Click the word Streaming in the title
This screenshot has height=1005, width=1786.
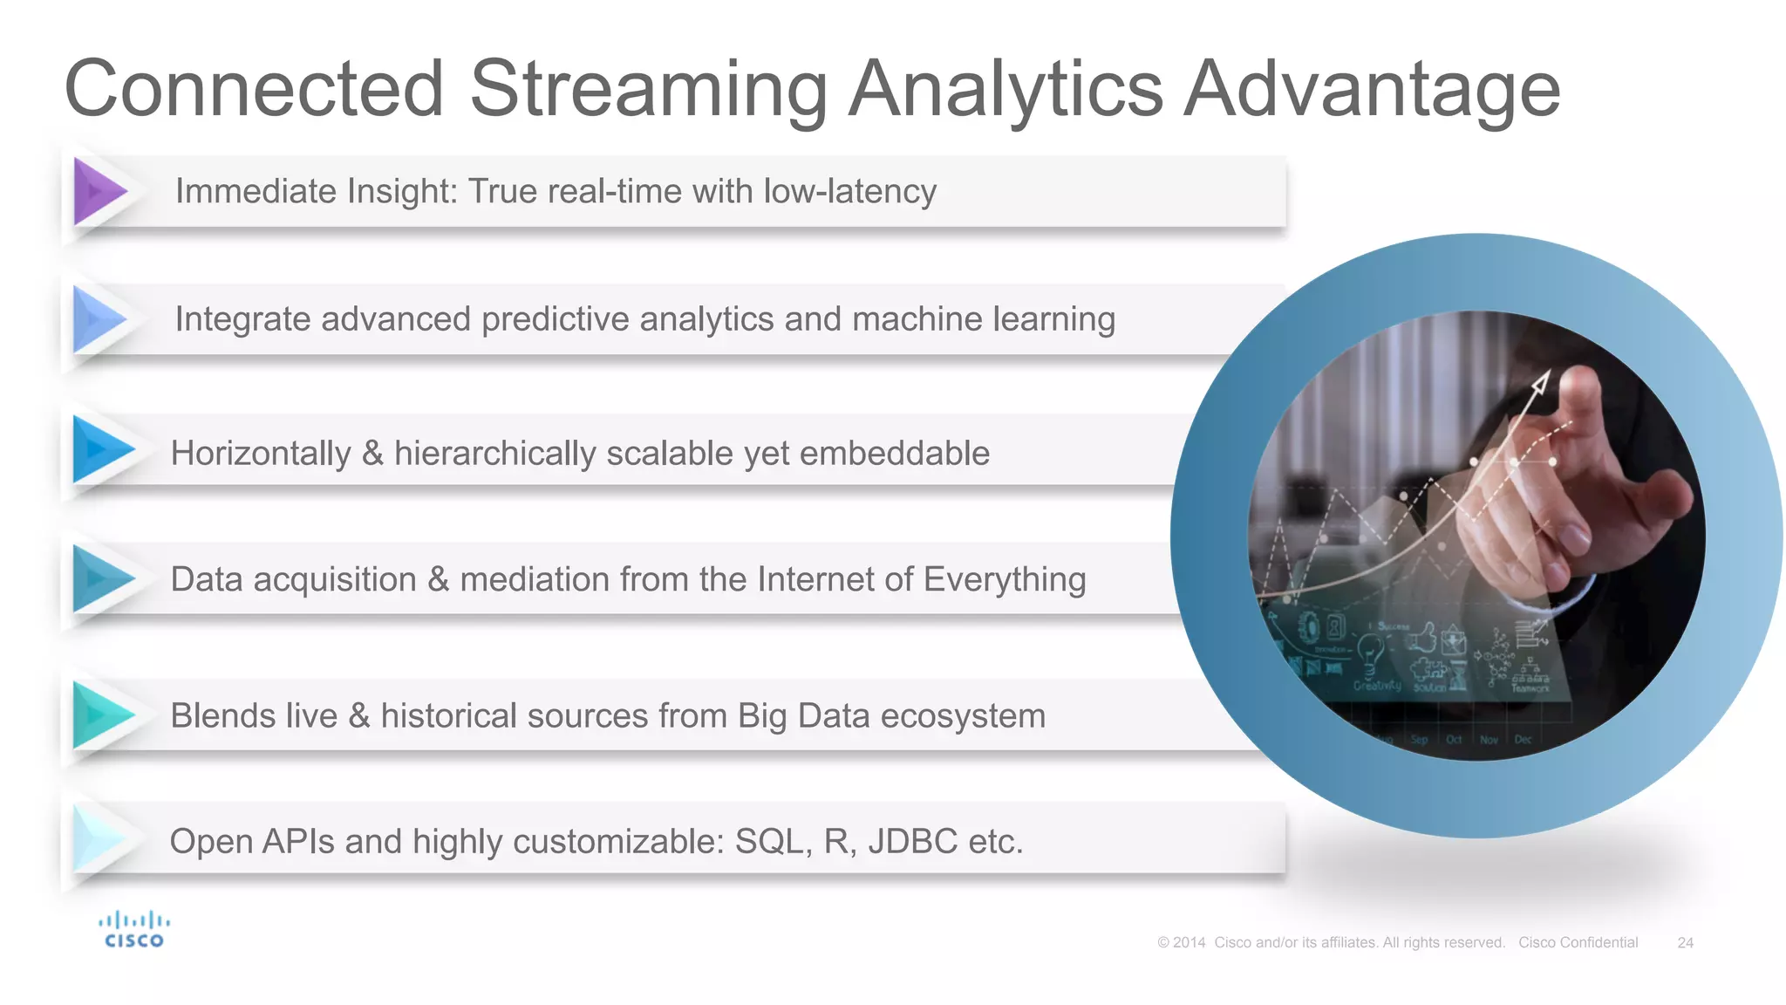(x=648, y=89)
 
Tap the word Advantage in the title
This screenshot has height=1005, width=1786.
(x=1371, y=89)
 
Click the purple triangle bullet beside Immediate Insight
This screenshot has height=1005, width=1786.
(x=98, y=190)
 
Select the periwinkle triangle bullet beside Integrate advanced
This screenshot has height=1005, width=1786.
(x=98, y=318)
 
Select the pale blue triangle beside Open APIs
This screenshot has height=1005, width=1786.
(x=98, y=838)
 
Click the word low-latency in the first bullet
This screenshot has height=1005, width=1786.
(x=849, y=191)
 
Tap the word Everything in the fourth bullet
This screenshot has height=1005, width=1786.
(x=1004, y=579)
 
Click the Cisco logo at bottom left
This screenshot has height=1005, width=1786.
(x=133, y=930)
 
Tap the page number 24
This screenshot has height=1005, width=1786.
(x=1685, y=943)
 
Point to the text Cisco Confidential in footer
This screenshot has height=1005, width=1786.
(x=1578, y=943)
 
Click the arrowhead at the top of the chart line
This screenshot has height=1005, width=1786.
(x=1541, y=381)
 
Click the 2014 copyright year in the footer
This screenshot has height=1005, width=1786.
(x=1189, y=943)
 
